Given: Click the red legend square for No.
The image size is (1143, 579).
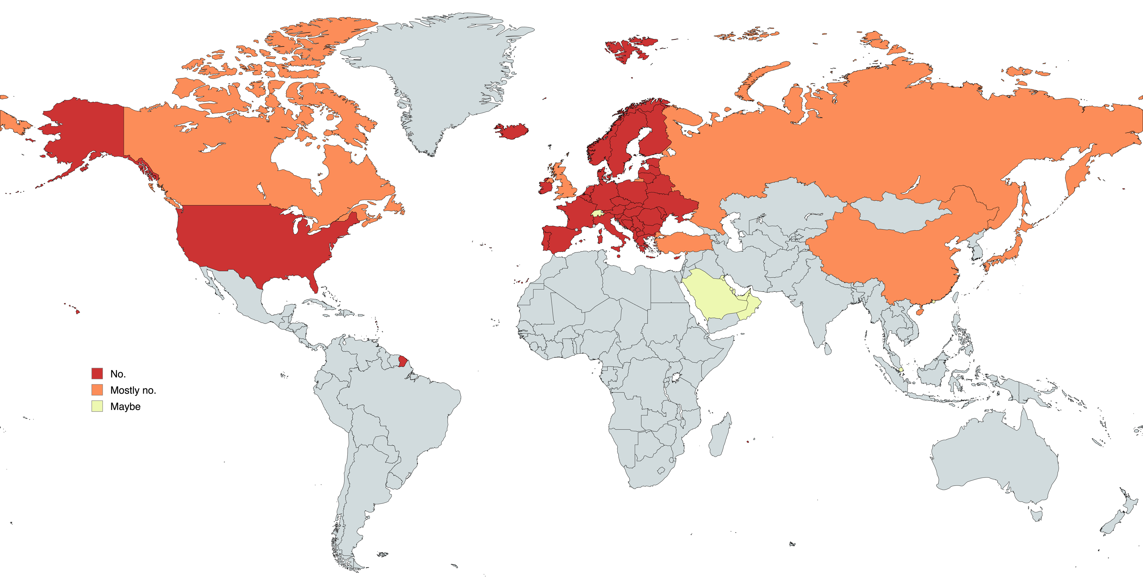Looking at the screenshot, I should pyautogui.click(x=97, y=373).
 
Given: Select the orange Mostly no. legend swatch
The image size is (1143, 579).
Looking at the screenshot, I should pyautogui.click(x=97, y=389).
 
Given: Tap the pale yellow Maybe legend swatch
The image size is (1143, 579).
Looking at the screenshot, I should pyautogui.click(x=97, y=406).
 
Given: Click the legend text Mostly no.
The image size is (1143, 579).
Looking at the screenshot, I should pyautogui.click(x=133, y=390).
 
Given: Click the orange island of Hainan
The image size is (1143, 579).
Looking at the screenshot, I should pyautogui.click(x=919, y=312).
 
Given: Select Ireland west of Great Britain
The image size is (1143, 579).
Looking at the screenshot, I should pyautogui.click(x=546, y=185).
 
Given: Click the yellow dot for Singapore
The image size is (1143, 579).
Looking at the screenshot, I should pyautogui.click(x=901, y=370).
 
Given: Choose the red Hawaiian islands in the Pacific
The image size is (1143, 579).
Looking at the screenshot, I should pyautogui.click(x=78, y=312).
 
